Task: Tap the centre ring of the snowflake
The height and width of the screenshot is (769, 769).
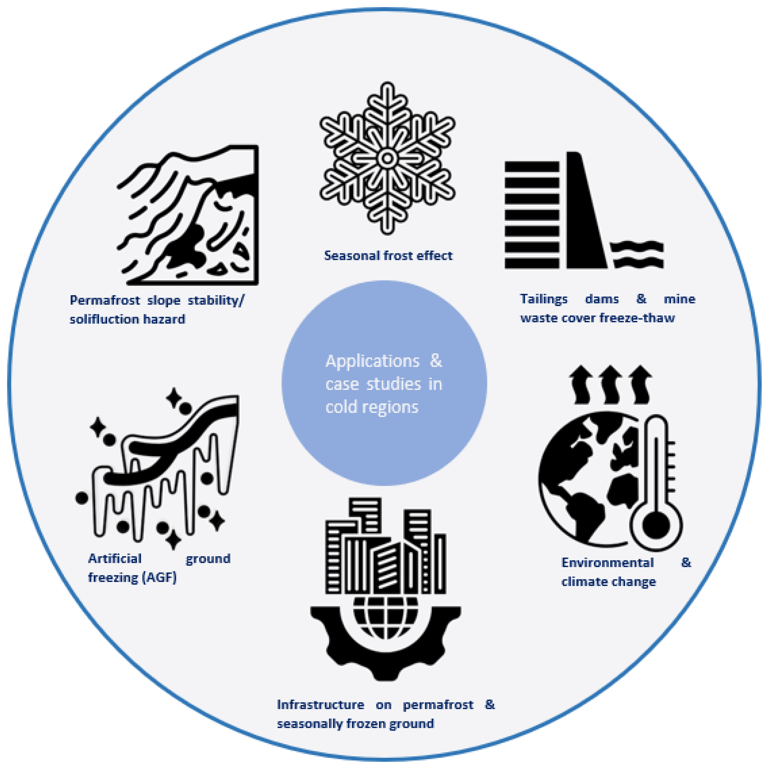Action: (387, 158)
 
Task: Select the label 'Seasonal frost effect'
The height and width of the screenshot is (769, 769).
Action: (388, 256)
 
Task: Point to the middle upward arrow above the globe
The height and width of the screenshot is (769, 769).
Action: (610, 384)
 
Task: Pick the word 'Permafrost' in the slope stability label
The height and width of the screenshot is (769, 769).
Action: (105, 300)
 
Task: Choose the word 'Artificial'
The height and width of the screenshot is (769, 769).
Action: (115, 558)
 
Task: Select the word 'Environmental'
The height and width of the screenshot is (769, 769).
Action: (607, 562)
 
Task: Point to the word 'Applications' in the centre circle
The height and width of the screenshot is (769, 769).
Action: (372, 361)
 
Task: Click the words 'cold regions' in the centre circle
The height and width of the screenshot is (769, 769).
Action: (372, 407)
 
